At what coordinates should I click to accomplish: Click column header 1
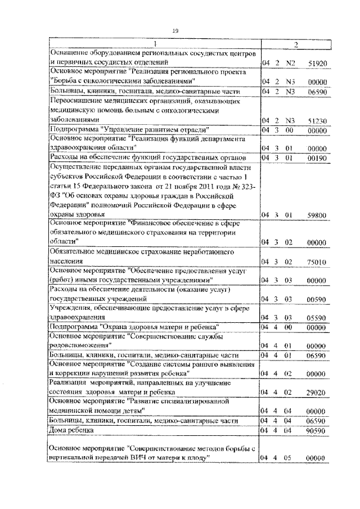coord(155,45)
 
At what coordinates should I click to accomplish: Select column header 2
coord(296,45)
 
